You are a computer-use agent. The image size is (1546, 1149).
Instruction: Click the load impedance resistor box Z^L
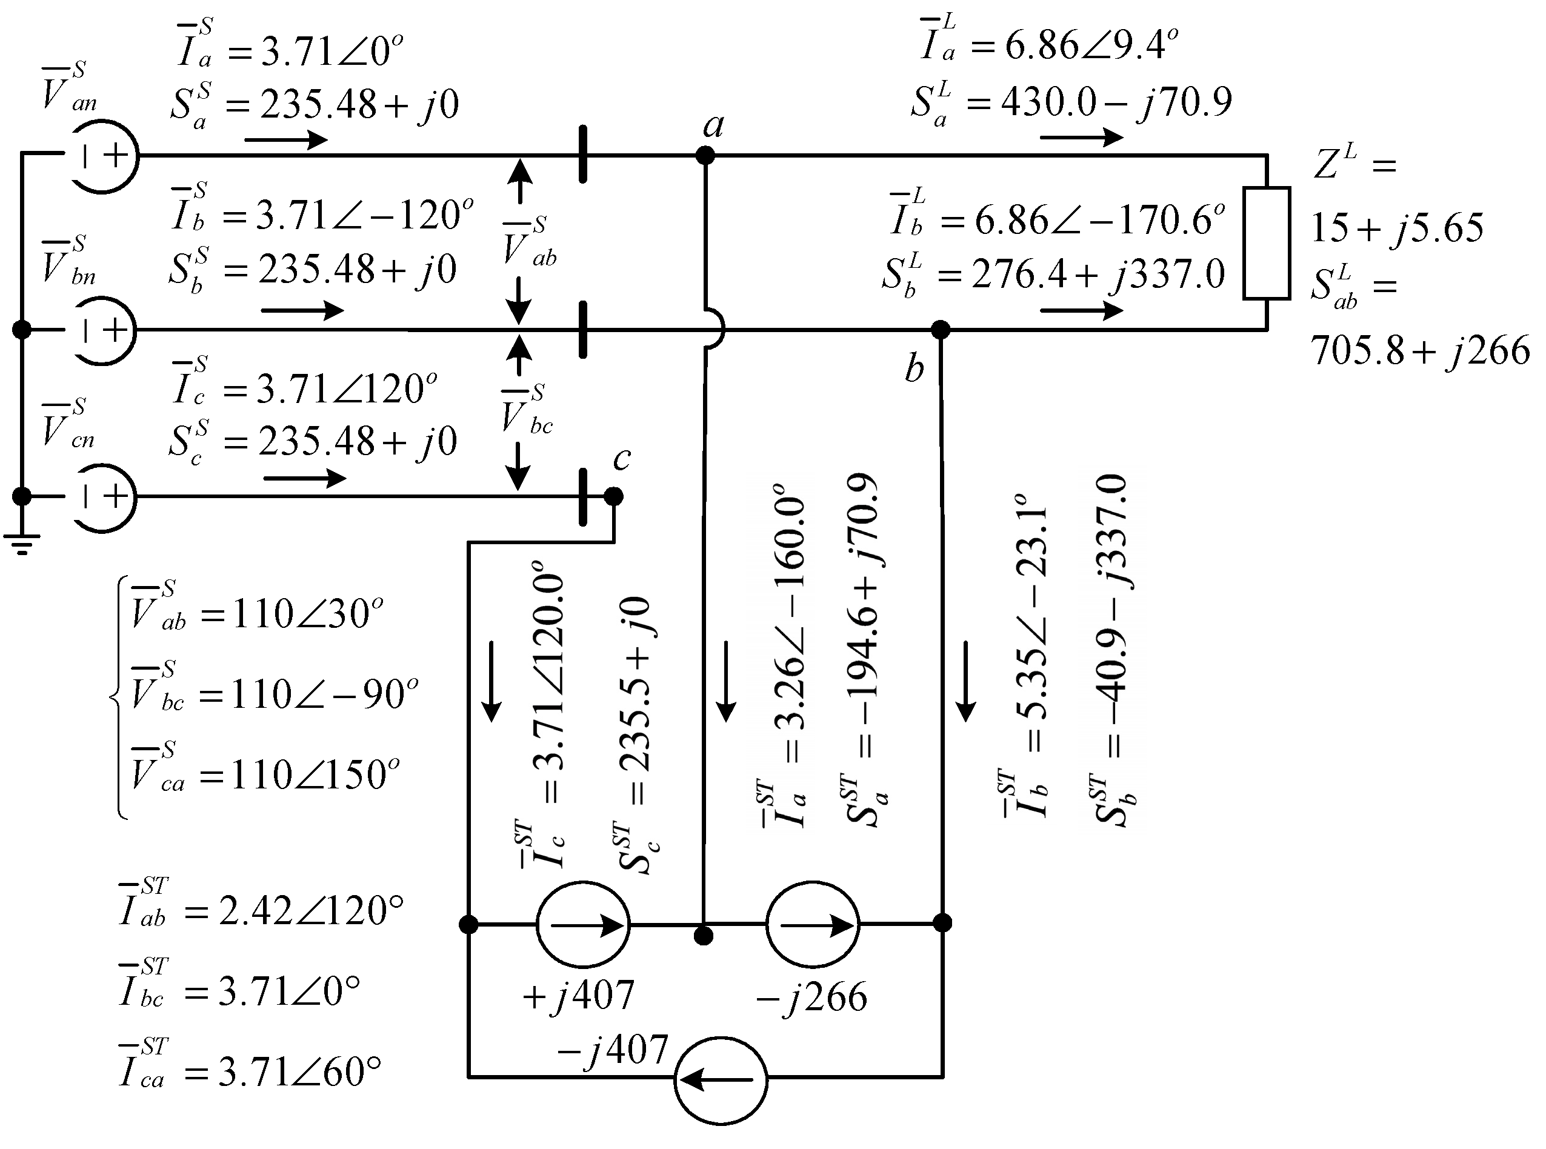pos(1267,243)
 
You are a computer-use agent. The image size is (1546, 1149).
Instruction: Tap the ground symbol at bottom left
pos(22,542)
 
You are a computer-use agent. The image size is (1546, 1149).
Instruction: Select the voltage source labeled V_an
pos(103,156)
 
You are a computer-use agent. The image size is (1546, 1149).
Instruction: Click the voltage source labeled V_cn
pos(103,496)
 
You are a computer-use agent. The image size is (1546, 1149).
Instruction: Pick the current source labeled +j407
pos(583,924)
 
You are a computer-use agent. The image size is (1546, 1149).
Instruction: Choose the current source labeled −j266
pos(812,924)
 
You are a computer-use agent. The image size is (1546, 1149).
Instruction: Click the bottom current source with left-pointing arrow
pos(721,1080)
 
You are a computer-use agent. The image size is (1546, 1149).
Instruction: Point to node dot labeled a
pos(705,156)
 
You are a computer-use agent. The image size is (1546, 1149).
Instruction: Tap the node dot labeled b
pos(940,329)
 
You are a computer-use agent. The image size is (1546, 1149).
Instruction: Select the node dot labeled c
pos(613,496)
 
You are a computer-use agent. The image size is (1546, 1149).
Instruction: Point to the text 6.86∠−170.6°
pos(1099,221)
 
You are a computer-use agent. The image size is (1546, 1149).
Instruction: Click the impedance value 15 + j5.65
pos(1396,227)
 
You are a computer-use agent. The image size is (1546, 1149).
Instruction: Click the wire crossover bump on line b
pos(716,329)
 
